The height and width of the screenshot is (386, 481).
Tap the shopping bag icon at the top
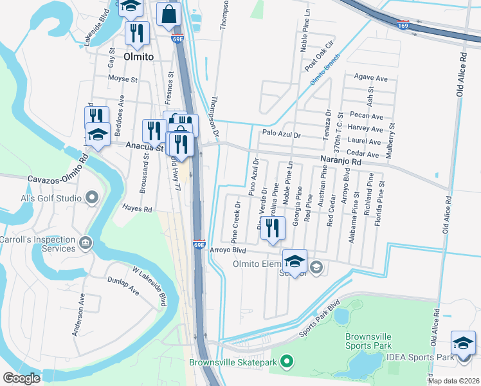coord(168,14)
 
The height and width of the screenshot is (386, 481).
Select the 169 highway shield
coord(403,25)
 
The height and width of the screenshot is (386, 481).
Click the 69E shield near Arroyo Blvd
coord(199,244)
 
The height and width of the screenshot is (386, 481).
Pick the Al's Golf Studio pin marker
coord(92,197)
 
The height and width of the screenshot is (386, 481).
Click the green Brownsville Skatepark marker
coord(287,362)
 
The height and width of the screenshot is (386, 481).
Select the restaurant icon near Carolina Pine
coord(273,229)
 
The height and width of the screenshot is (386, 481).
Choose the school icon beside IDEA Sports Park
coord(463,343)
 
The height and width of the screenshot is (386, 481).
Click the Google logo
coord(21,378)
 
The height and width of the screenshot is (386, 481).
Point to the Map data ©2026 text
coord(453,381)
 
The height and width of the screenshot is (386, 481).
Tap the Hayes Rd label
coord(138,209)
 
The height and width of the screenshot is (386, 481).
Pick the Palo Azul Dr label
coord(281,134)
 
